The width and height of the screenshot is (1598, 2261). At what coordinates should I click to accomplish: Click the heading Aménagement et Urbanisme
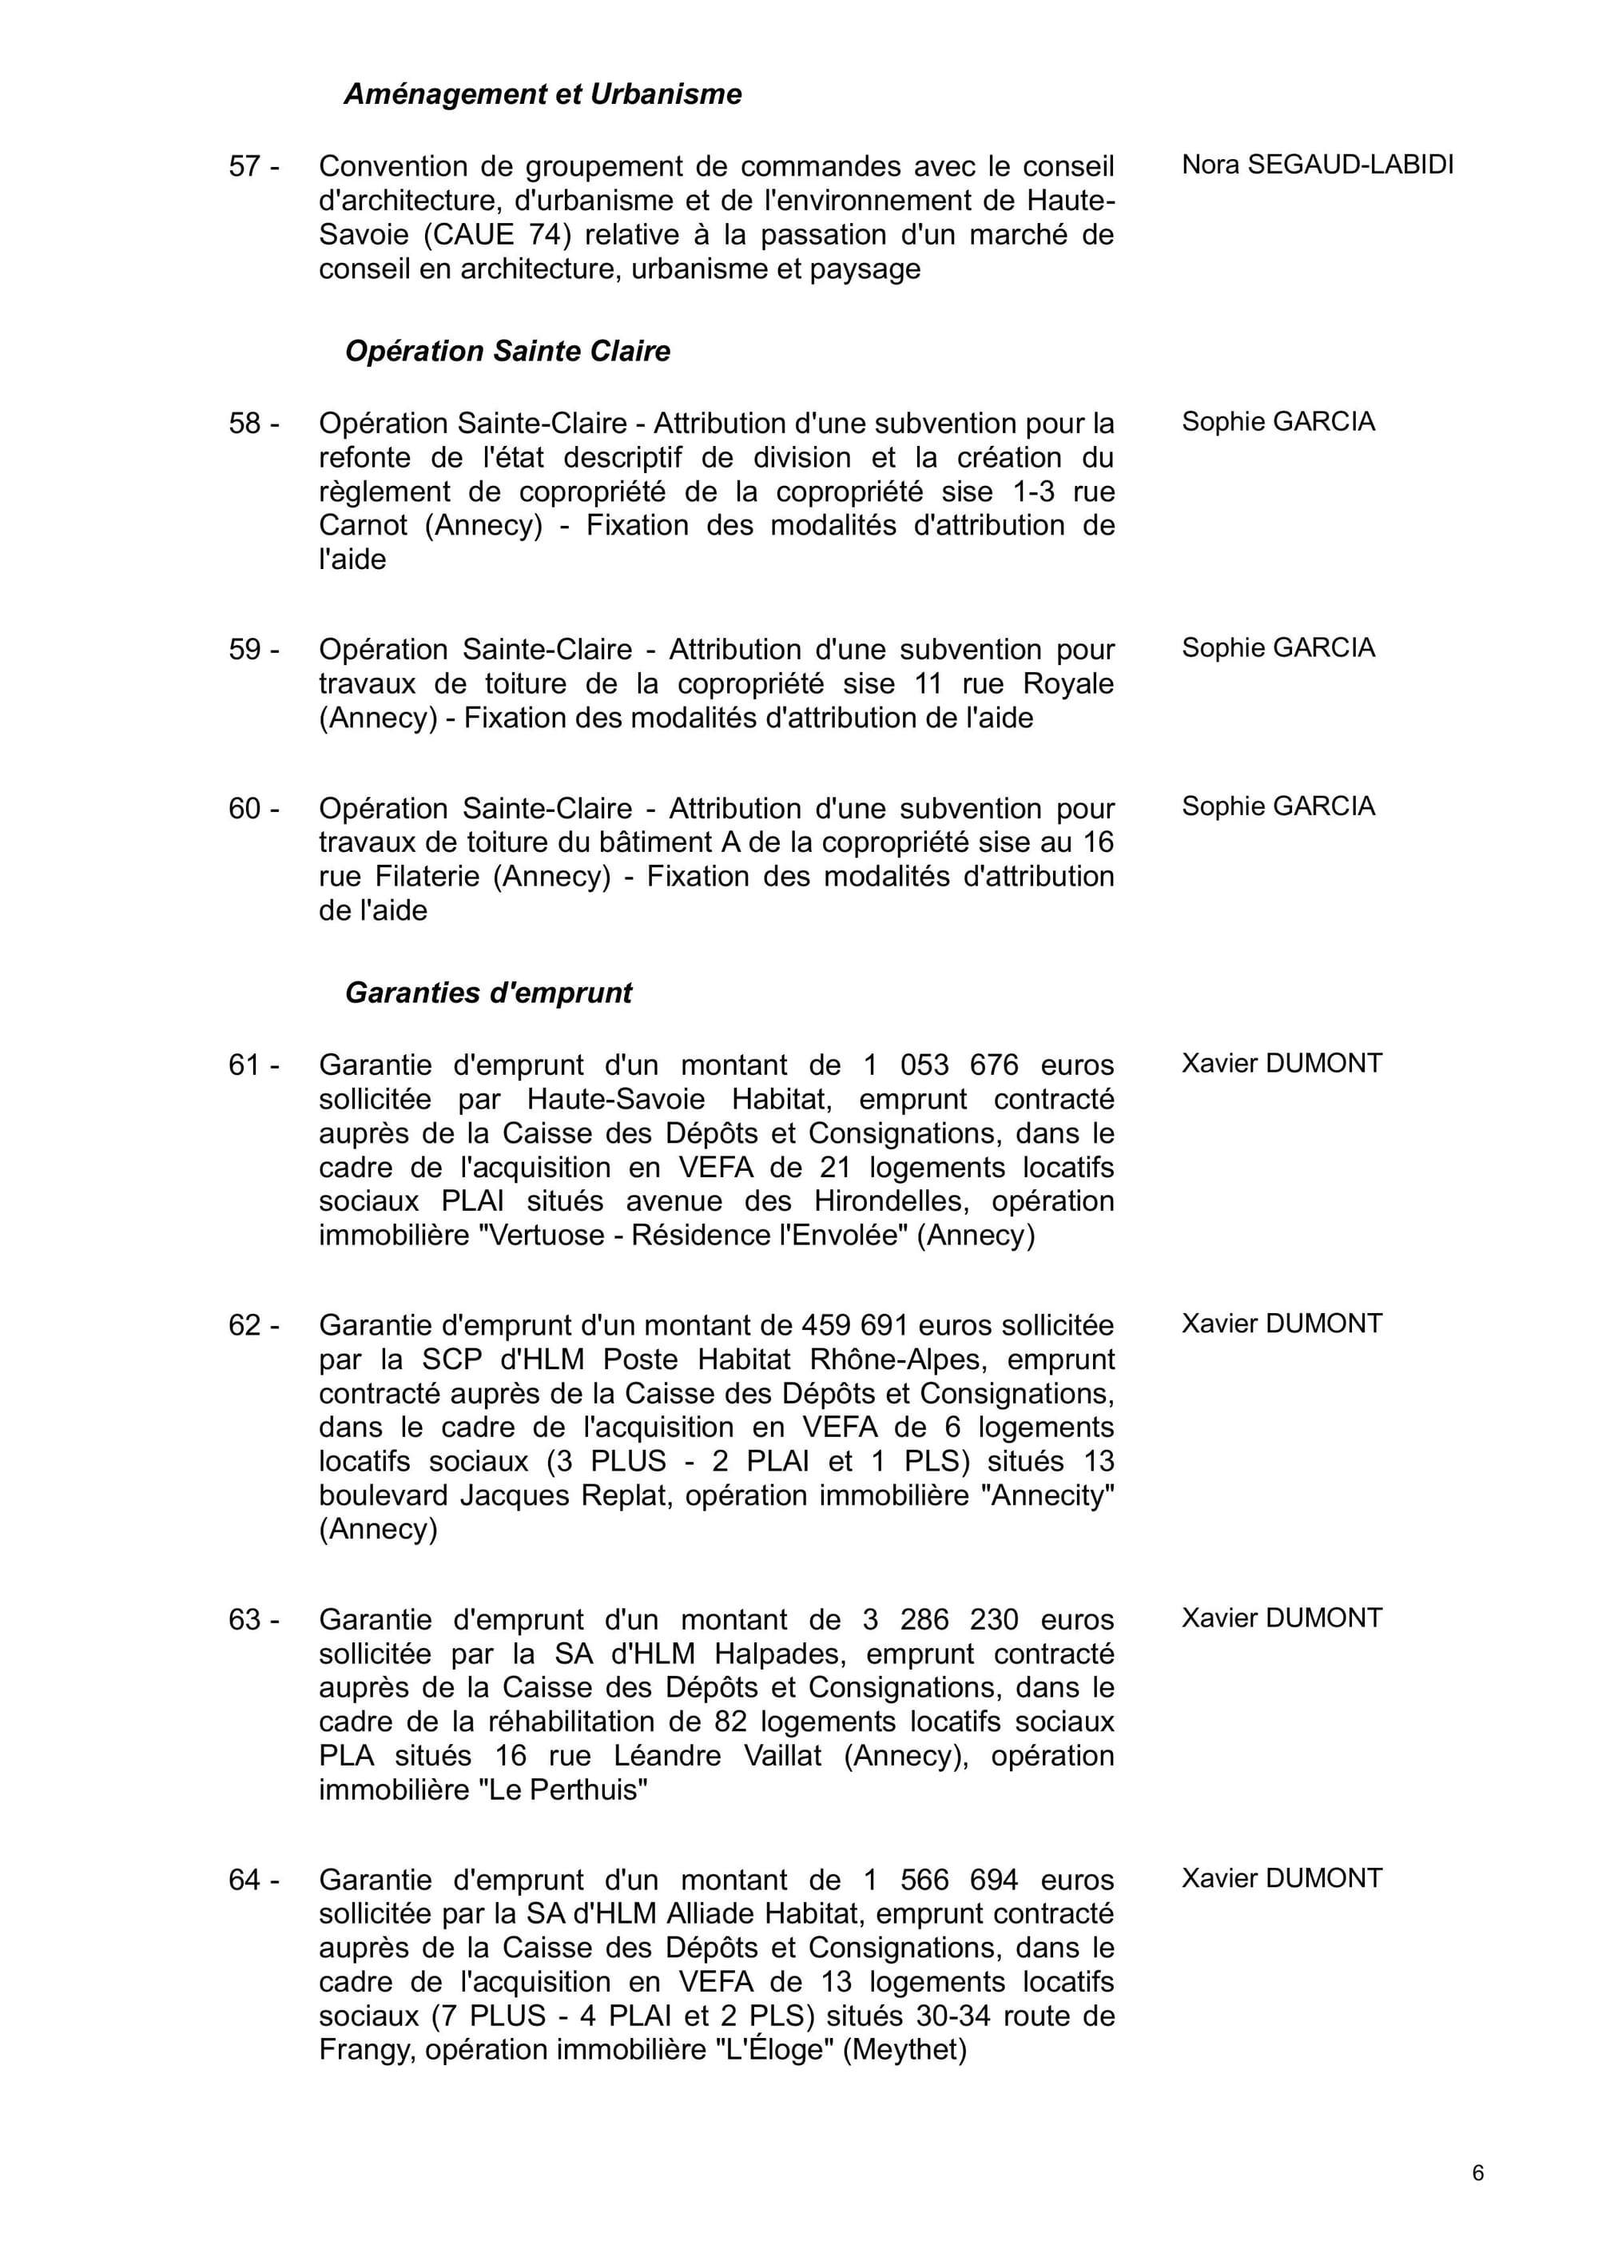543,94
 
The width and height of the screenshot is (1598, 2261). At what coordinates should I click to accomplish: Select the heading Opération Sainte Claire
507,352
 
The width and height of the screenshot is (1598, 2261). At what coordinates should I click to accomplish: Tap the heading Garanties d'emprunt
488,993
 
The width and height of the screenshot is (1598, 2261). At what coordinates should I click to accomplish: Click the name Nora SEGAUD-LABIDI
1318,165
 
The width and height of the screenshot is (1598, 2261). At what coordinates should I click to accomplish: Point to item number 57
253,166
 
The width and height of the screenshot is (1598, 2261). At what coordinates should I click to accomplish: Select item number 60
253,809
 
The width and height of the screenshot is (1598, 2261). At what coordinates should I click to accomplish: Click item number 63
253,1620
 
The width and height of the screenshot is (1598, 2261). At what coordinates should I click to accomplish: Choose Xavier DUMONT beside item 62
1282,1324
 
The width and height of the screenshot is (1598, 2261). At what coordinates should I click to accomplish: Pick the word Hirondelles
888,1201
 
